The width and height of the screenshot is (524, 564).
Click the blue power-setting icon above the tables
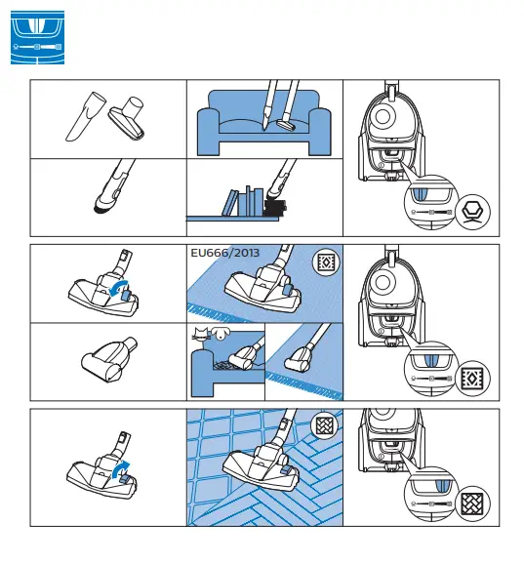(36, 37)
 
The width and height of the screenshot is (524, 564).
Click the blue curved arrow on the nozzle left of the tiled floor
(120, 472)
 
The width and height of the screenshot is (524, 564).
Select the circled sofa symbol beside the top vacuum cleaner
(473, 211)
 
